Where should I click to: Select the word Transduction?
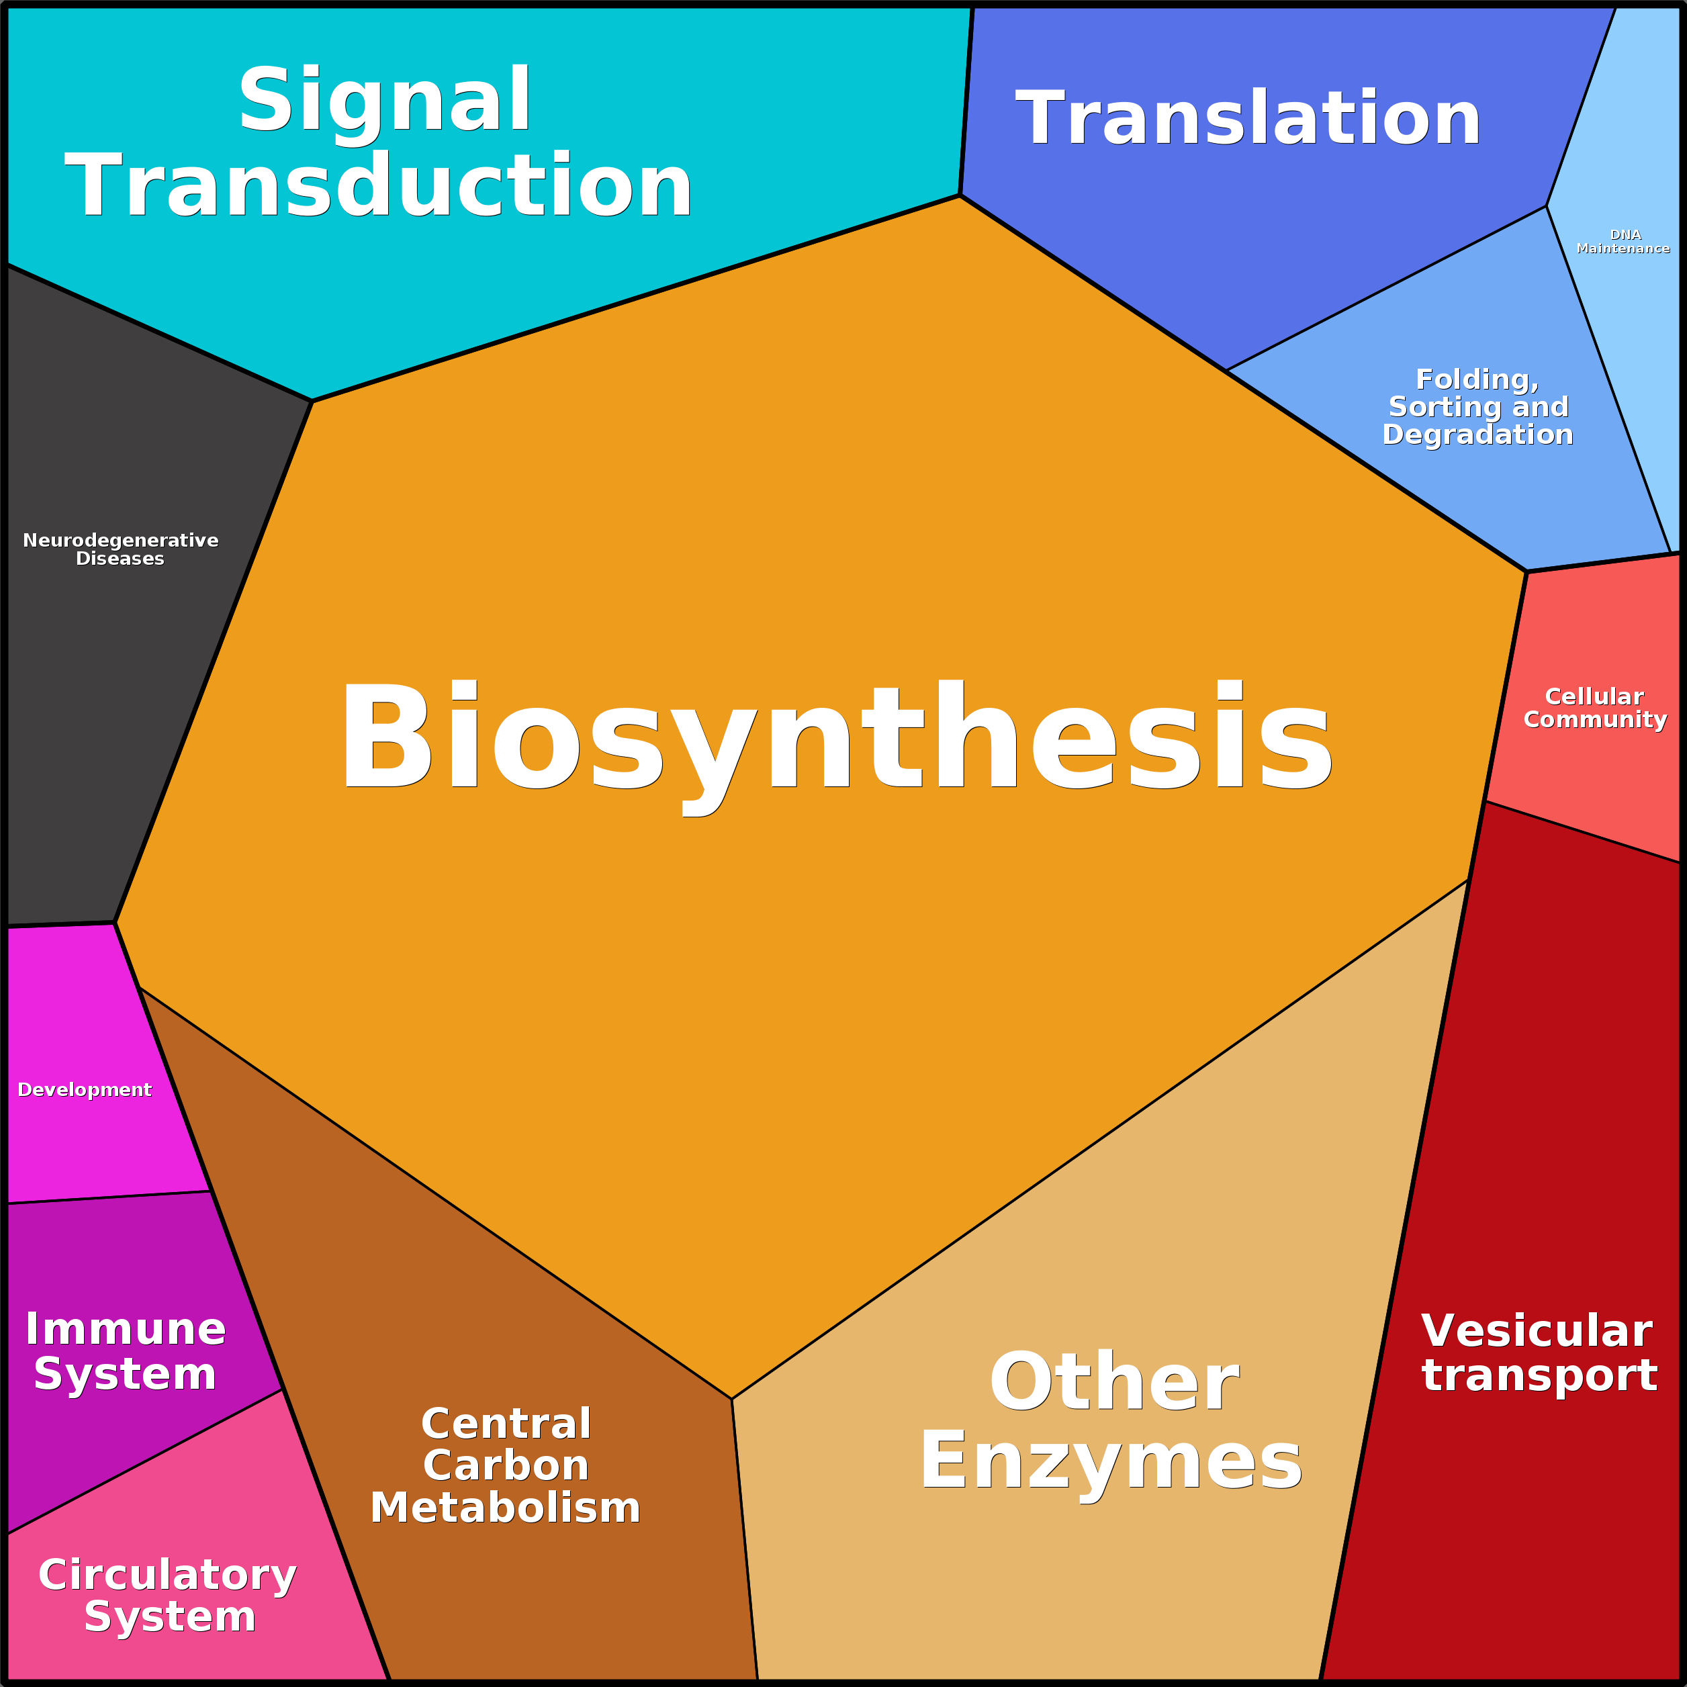click(379, 185)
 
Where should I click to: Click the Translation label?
click(1248, 118)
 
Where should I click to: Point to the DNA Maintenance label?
click(1623, 241)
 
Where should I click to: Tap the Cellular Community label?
click(1595, 707)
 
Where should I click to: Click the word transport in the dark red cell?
click(1539, 1376)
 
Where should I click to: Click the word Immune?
click(126, 1329)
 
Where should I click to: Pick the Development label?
click(85, 1090)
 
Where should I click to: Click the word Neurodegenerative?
click(120, 540)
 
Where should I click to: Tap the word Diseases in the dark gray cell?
click(120, 559)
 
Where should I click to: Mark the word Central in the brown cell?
click(506, 1423)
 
